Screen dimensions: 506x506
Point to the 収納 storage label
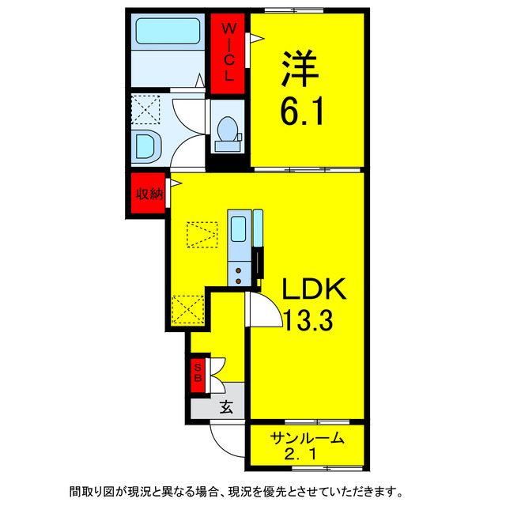click(x=148, y=194)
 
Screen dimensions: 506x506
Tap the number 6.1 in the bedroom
click(x=300, y=115)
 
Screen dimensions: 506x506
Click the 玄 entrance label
click(x=227, y=408)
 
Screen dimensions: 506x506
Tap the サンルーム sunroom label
click(x=307, y=439)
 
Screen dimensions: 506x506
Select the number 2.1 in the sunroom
click(x=307, y=456)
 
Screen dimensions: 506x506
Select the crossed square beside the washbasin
click(x=145, y=109)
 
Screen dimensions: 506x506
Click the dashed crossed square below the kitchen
click(x=187, y=309)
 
